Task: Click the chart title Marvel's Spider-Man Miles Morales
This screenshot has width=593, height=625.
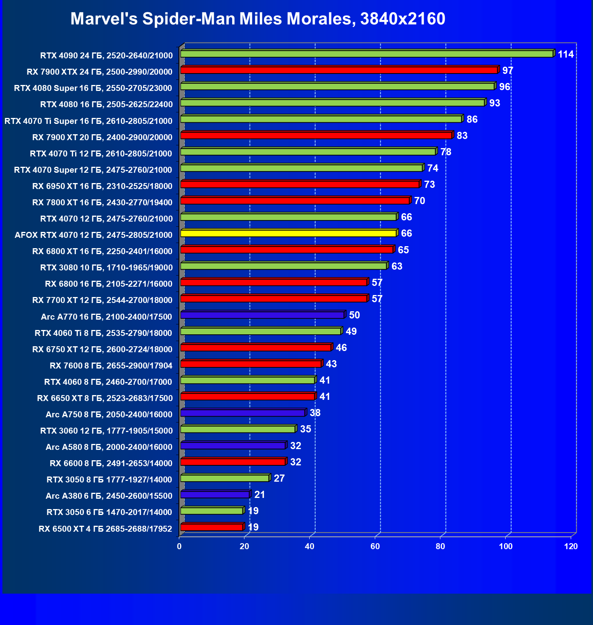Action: [258, 19]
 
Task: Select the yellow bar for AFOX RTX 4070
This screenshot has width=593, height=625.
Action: [288, 233]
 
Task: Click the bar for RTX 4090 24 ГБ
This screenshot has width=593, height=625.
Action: [366, 54]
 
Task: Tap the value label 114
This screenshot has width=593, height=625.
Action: [566, 54]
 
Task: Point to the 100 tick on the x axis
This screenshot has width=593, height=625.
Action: [506, 546]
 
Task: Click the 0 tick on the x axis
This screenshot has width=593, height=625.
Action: [179, 546]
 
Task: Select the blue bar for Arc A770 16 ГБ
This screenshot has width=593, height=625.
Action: [262, 315]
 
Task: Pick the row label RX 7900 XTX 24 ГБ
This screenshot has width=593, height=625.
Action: [99, 72]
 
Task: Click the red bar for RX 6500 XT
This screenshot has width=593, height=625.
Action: [211, 527]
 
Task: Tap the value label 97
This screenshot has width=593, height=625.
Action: [508, 71]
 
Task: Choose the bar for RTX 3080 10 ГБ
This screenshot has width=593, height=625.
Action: [283, 266]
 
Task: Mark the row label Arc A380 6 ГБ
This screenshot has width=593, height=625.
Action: [109, 496]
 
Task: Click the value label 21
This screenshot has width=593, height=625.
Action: [260, 495]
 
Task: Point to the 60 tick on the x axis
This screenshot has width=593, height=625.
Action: [375, 546]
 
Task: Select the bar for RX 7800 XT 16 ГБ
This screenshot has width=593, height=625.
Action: [295, 201]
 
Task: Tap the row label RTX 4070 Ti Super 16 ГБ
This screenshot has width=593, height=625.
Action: [88, 121]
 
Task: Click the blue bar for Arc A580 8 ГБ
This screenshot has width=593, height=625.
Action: [233, 446]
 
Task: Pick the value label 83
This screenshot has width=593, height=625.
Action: [462, 136]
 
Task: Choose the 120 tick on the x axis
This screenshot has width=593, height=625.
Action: [571, 546]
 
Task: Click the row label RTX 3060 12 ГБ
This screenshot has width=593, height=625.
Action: [107, 431]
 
